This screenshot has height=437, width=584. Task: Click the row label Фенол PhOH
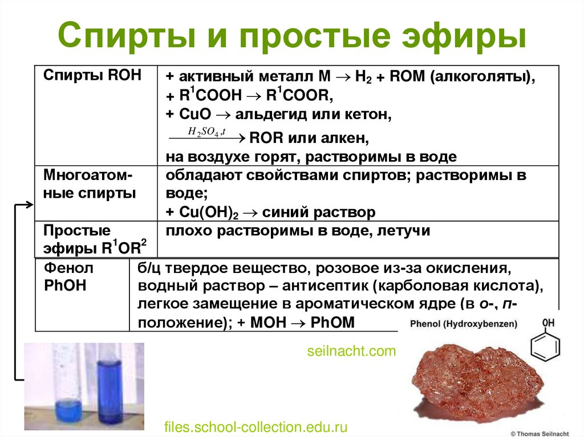click(x=69, y=276)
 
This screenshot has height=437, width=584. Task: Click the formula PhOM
click(x=332, y=322)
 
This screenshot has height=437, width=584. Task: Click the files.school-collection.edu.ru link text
click(x=255, y=427)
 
